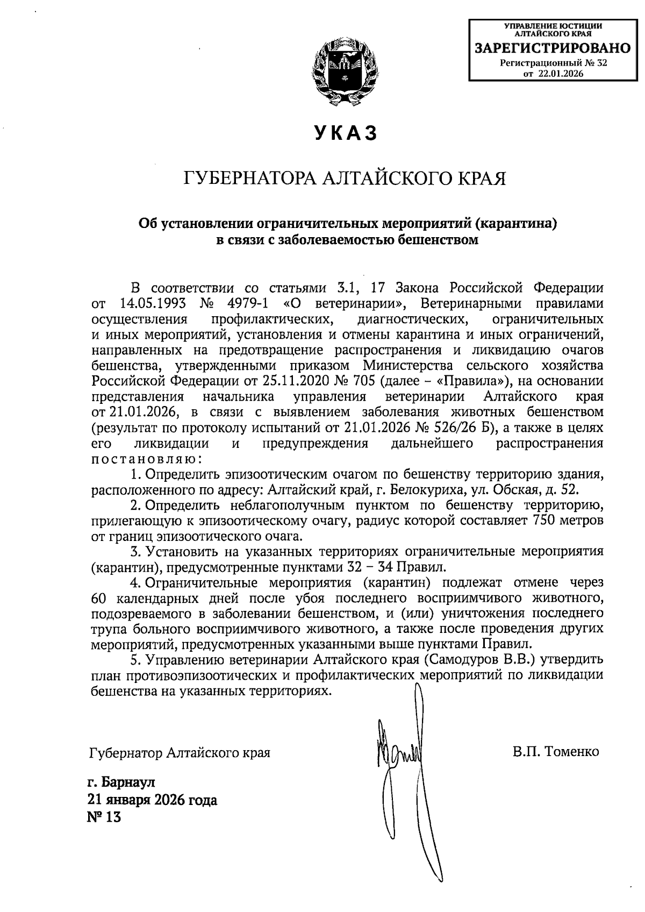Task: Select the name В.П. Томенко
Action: coord(555,752)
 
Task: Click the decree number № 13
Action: coord(104,817)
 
